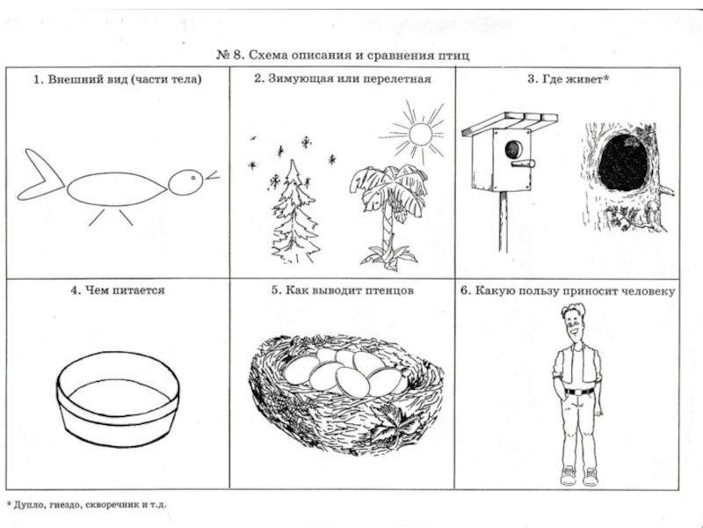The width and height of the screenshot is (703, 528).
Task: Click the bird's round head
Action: (185, 182)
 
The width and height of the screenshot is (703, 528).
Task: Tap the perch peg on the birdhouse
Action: (527, 165)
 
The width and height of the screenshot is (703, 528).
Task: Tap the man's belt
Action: (578, 390)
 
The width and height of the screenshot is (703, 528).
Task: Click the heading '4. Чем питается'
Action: (119, 290)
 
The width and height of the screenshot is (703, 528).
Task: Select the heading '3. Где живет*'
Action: (568, 79)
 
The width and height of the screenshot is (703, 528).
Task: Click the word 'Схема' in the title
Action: (278, 55)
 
